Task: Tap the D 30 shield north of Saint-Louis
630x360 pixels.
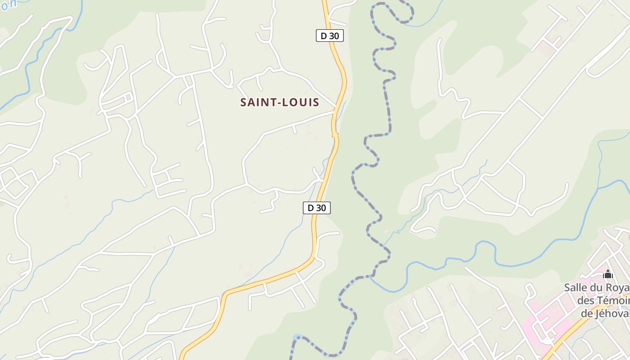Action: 330,36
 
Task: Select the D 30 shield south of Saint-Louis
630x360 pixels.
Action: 317,207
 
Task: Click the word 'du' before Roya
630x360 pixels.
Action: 601,288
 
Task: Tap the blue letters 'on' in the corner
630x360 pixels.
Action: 9,4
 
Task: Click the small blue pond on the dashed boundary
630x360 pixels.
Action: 296,337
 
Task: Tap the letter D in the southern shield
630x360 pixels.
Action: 310,207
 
